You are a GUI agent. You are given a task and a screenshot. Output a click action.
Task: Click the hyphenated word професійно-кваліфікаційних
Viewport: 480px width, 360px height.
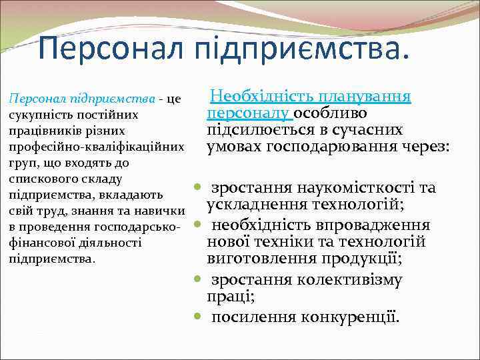click(95, 147)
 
